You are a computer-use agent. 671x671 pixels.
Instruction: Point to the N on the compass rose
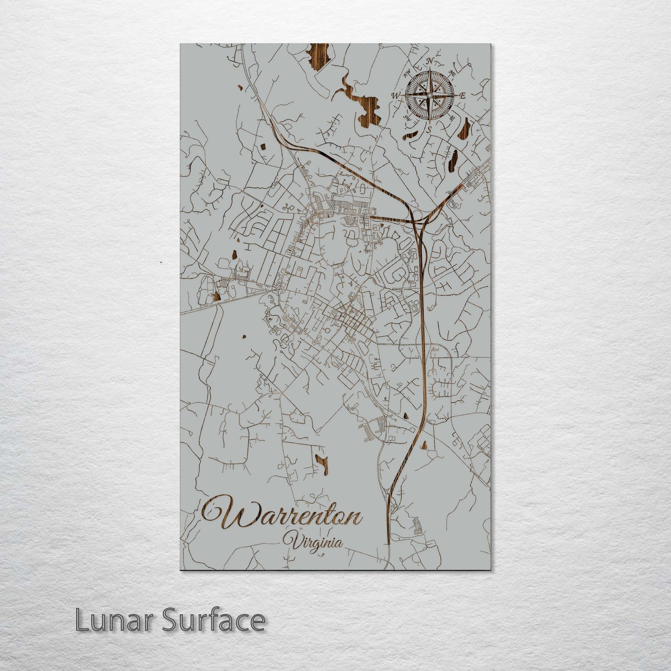tap(430, 61)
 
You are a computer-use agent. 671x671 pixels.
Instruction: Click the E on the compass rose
tap(463, 96)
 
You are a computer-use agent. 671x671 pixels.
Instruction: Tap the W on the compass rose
tap(396, 96)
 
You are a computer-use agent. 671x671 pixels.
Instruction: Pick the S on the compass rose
tap(430, 129)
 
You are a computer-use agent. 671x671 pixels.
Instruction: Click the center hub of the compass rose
tap(430, 95)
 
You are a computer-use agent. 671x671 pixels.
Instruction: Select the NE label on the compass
tap(453, 72)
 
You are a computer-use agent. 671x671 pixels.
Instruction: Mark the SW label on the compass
tap(407, 118)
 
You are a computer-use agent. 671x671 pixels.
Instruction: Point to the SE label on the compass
tap(452, 118)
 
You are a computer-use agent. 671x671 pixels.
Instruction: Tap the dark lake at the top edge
tap(319, 55)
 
